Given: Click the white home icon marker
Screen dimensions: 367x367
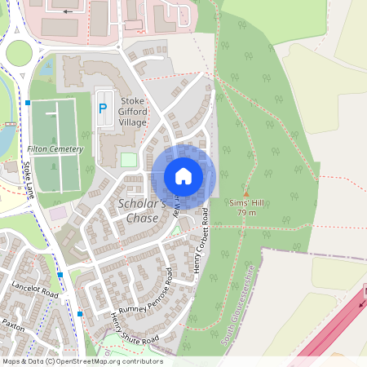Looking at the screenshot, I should point(183,176).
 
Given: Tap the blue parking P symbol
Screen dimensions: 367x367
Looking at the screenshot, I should point(103,108).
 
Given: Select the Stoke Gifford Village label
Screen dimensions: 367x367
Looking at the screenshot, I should point(134,112).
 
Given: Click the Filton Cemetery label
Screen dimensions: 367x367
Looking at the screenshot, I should point(55,149).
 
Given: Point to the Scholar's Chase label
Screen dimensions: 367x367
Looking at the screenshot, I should point(142,210).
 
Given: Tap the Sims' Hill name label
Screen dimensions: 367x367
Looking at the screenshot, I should point(246,203).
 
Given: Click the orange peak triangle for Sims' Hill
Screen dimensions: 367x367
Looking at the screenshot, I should point(246,193).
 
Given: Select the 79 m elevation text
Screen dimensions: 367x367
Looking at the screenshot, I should point(246,213).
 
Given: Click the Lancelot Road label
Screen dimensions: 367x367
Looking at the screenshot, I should point(35,290).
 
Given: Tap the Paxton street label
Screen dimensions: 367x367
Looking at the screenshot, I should point(12,325).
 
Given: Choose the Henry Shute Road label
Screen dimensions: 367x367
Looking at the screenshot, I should point(133,329).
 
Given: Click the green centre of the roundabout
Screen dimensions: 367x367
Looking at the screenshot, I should point(19,53).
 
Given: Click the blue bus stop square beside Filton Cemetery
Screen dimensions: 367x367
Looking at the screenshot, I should point(28,103).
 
